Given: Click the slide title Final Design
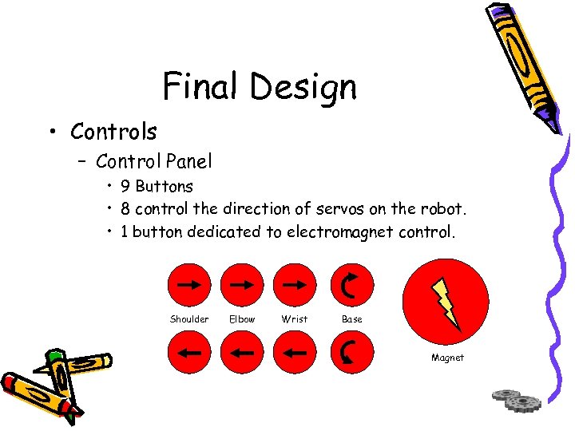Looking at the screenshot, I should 260,86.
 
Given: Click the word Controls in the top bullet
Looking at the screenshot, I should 113,131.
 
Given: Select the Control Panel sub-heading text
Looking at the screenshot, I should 154,161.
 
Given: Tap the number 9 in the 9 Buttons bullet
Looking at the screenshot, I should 126,187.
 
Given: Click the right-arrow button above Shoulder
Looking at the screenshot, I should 189,285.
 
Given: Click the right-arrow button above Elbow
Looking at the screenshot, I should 242,285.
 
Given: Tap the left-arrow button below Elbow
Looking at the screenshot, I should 242,351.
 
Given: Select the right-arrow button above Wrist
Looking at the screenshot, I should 295,285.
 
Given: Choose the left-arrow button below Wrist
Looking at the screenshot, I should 295,351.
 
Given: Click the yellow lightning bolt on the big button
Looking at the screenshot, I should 446,302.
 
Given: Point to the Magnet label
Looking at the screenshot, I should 447,358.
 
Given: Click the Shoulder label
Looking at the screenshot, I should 189,319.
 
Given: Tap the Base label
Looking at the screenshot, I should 351,319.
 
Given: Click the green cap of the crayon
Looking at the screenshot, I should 55,356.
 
